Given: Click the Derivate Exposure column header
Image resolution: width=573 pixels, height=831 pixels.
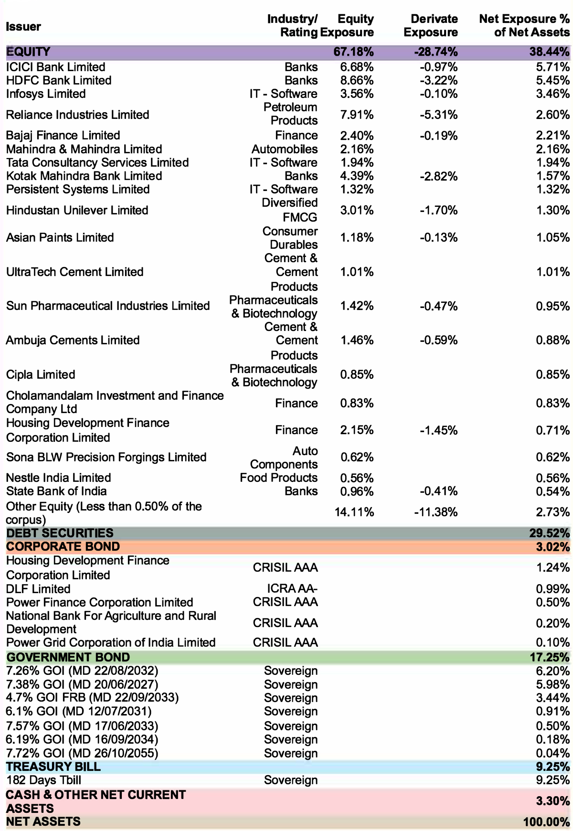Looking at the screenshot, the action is click(x=431, y=26).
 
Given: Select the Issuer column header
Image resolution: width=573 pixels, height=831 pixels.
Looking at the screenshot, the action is click(x=23, y=26).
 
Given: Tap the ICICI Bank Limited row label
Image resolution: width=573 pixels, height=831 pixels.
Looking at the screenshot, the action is click(x=56, y=67).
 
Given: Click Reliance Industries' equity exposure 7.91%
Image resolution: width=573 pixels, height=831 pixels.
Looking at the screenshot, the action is click(x=357, y=115).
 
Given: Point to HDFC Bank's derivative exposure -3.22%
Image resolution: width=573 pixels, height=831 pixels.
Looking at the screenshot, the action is click(x=439, y=80).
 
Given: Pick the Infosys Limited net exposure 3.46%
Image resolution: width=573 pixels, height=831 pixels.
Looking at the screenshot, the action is click(x=552, y=94).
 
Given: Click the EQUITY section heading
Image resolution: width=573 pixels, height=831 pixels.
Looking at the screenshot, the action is click(x=28, y=52).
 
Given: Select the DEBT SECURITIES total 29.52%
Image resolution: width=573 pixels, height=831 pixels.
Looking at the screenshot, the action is click(x=549, y=533).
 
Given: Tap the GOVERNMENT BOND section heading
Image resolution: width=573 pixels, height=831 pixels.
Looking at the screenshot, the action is click(x=68, y=657).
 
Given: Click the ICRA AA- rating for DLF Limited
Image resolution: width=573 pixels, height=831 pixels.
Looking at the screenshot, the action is click(x=292, y=589).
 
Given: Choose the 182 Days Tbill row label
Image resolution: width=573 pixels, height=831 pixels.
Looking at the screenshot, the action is click(x=43, y=780).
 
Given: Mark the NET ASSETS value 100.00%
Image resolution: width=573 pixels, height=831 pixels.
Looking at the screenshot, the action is click(x=546, y=822).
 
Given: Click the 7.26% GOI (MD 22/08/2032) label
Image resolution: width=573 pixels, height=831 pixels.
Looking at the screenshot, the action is click(x=82, y=671).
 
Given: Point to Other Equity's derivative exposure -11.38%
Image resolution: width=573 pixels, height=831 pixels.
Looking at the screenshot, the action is click(x=436, y=512).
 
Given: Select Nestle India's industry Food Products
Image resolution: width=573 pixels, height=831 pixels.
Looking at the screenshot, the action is click(x=279, y=478).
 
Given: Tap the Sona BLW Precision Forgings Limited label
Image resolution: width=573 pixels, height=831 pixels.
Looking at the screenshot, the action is click(x=106, y=457).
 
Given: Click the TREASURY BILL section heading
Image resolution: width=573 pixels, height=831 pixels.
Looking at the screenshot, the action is click(x=53, y=767).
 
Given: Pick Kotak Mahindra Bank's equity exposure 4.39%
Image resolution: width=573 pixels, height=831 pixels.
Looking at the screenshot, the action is click(x=357, y=176).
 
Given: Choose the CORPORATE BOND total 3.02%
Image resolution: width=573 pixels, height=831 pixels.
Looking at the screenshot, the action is click(x=552, y=546).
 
